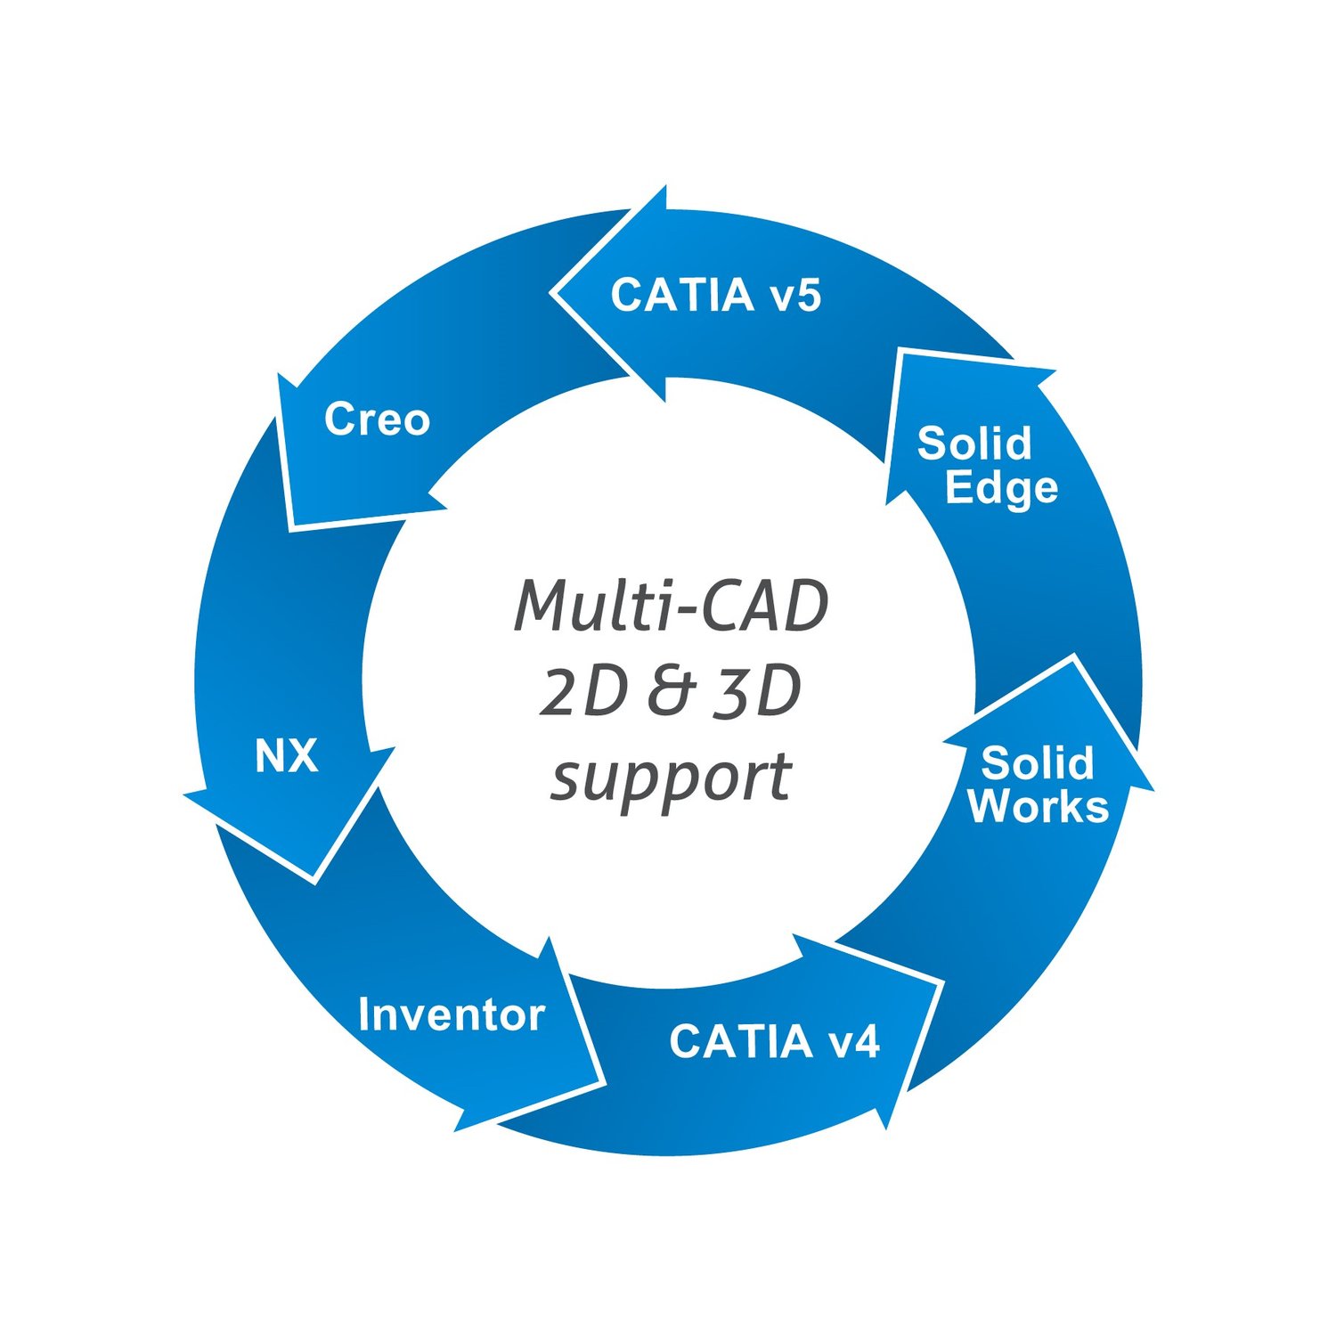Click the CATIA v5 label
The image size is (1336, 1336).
coord(715,295)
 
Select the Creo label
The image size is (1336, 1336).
coord(377,419)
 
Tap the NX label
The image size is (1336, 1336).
coord(286,756)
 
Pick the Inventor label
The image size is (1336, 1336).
coord(451,1014)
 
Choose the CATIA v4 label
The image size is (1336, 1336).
coord(774,1040)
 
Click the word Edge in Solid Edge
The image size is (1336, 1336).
coord(1000,488)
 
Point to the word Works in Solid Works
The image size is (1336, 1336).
coord(1038,805)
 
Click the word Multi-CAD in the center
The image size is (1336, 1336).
coord(672,606)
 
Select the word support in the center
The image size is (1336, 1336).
coord(672,777)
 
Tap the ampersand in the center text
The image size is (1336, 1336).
coord(670,692)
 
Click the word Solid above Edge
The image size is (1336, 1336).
coord(974,443)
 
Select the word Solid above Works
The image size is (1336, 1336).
coord(1037,763)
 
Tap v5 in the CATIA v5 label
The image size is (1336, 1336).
coord(794,296)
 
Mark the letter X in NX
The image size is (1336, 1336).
coord(303,756)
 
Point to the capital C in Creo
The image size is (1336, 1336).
coord(339,419)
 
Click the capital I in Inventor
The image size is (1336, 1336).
coord(363,1014)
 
